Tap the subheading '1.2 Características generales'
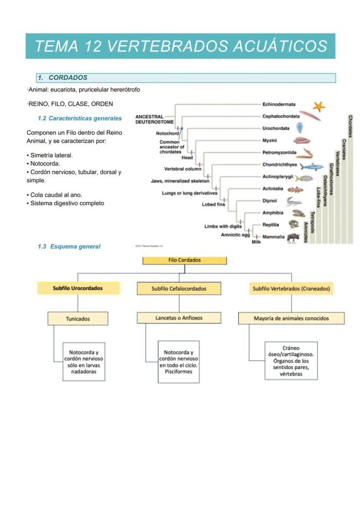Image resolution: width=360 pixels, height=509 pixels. tap(80, 118)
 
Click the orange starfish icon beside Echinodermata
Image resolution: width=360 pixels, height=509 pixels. tap(319, 106)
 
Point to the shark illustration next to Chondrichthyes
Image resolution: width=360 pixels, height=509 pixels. tap(312, 166)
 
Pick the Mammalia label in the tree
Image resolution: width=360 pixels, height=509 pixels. tap(273, 237)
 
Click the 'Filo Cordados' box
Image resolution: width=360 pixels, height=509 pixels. tap(184, 260)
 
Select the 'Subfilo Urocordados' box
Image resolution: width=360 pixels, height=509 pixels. tap(78, 288)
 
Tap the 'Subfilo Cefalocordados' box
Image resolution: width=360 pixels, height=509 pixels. tap(179, 289)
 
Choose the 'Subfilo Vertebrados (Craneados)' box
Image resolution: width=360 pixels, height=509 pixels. tap(291, 289)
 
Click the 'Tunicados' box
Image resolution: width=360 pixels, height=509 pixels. tap(78, 319)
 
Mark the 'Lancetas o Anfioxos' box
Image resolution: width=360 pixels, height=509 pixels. tap(179, 318)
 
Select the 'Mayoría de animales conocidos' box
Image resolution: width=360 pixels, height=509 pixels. tap(291, 319)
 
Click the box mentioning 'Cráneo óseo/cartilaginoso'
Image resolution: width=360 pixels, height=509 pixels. tap(291, 360)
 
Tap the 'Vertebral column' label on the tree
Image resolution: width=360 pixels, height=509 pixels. tap(183, 169)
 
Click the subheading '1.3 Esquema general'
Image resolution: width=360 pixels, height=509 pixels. tap(69, 246)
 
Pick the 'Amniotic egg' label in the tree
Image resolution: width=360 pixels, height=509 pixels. tap(236, 235)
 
